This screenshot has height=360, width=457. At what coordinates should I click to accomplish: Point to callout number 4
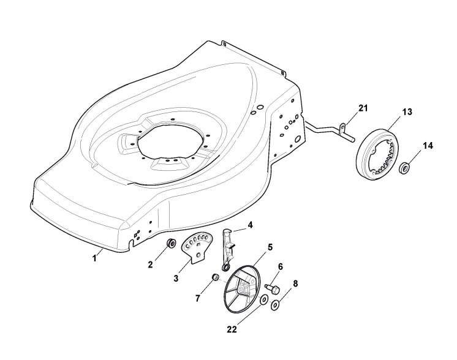(x=251, y=225)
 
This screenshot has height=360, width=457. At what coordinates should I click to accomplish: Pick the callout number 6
(x=281, y=266)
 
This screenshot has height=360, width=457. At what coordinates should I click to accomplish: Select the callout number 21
(x=363, y=108)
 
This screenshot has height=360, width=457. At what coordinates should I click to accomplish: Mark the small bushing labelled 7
(x=216, y=279)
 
